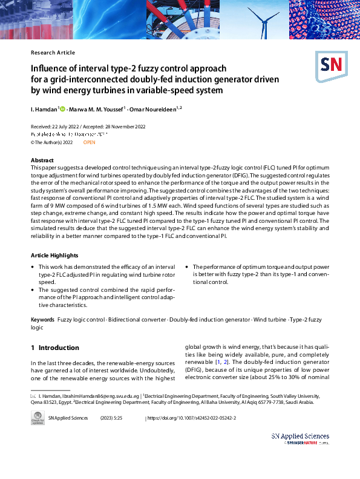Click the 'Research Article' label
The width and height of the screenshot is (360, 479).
coord(53,53)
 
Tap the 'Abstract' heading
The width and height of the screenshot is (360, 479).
coord(42,160)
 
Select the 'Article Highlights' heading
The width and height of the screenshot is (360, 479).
coord(55,256)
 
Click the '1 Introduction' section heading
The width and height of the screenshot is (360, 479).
coord(55,348)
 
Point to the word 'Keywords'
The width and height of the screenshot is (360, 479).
coord(42,319)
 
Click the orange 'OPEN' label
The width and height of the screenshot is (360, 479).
coord(89,142)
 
